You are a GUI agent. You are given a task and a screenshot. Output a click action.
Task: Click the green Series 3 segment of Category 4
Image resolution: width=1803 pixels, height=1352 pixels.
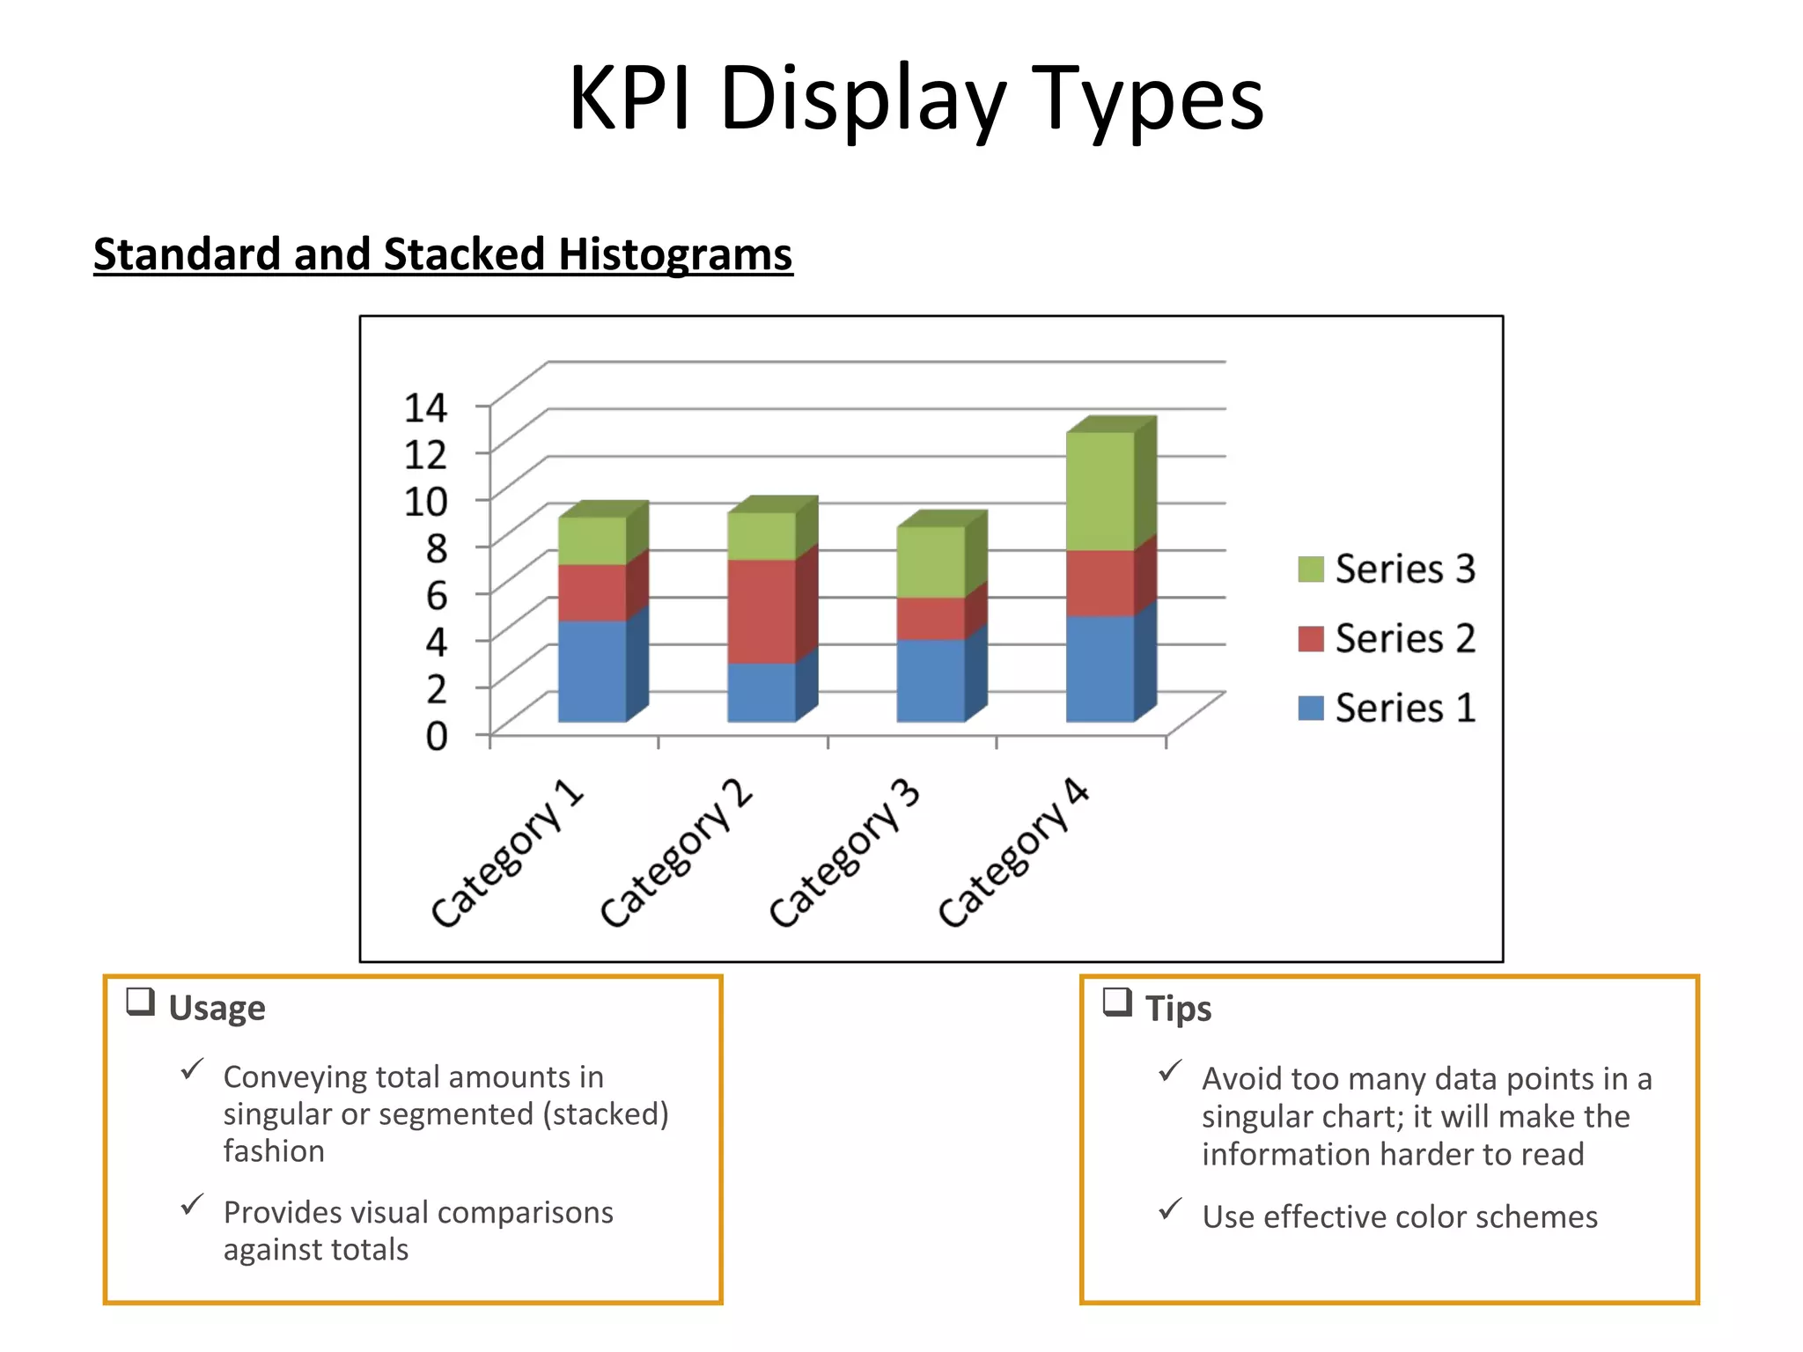point(1100,491)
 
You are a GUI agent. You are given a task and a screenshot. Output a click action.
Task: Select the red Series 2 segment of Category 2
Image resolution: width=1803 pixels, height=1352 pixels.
point(762,611)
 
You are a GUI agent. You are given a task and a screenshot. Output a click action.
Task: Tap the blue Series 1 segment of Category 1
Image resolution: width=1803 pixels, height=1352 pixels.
point(592,671)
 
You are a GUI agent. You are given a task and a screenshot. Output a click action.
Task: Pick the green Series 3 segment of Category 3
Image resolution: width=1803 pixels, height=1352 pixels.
point(931,562)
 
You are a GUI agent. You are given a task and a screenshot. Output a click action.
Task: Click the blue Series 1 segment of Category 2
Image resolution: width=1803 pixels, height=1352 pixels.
point(762,692)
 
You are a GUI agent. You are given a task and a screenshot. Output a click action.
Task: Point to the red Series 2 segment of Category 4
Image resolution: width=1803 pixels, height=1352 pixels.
point(1100,583)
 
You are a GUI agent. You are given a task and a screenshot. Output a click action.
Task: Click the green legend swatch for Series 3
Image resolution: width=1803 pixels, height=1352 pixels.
point(1311,569)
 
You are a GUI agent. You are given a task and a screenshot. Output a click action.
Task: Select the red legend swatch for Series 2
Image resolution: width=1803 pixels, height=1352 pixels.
point(1311,639)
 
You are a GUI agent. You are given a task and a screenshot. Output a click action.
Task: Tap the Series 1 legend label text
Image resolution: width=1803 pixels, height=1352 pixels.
point(1405,709)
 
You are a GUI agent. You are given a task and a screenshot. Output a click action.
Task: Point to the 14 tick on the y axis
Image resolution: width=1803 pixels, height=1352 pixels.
point(425,408)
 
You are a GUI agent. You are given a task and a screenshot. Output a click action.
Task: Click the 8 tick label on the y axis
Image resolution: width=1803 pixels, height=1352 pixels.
point(437,547)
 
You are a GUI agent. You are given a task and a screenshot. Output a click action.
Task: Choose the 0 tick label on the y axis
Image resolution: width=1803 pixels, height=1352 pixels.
point(437,735)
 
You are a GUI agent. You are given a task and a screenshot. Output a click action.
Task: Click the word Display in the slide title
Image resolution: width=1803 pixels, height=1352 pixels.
point(862,99)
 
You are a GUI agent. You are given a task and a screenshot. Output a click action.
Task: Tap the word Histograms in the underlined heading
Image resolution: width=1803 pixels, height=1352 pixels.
point(675,254)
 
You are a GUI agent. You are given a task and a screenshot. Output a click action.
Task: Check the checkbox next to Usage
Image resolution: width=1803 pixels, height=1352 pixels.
point(141,1002)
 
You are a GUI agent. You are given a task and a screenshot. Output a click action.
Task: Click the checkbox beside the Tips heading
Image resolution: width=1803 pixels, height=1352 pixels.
point(1117,1002)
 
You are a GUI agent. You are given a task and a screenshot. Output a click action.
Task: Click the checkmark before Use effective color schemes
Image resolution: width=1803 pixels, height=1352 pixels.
point(1170,1209)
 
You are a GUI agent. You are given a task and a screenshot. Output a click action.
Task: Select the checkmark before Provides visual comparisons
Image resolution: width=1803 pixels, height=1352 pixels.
point(192,1205)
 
